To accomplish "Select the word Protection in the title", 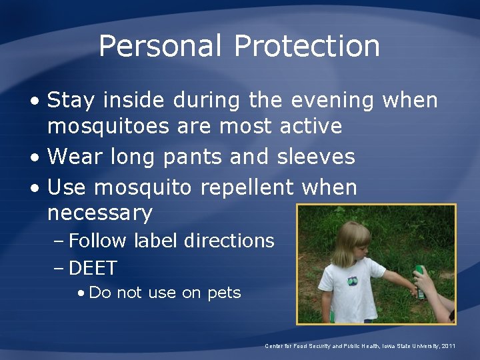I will (307, 47).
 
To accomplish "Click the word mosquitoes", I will (113, 125).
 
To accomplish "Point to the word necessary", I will (100, 213).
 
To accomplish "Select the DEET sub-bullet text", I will (93, 268).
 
